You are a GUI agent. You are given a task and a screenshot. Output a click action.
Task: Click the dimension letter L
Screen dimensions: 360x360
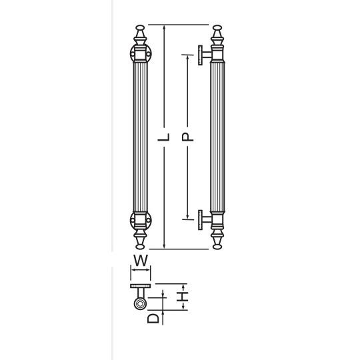pyautogui.click(x=164, y=137)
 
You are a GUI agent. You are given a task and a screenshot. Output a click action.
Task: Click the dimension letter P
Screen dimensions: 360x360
pyautogui.click(x=187, y=137)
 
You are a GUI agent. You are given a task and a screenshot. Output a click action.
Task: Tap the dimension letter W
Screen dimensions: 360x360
pyautogui.click(x=141, y=261)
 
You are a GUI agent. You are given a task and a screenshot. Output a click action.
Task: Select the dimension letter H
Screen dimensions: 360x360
pyautogui.click(x=183, y=297)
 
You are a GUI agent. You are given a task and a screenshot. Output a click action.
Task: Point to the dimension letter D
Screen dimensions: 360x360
pyautogui.click(x=153, y=319)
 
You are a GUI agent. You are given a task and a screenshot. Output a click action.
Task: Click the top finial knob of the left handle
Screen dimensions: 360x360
pyautogui.click(x=140, y=28)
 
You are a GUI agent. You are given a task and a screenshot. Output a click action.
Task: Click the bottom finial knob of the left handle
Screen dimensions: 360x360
pyautogui.click(x=140, y=247)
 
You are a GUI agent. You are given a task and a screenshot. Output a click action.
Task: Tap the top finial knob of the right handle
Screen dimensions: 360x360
pyautogui.click(x=217, y=28)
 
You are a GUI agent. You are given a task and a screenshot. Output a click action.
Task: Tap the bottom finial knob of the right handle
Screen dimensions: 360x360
pyautogui.click(x=217, y=247)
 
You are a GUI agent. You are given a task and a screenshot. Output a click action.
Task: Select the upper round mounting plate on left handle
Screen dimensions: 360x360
pyautogui.click(x=141, y=54)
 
